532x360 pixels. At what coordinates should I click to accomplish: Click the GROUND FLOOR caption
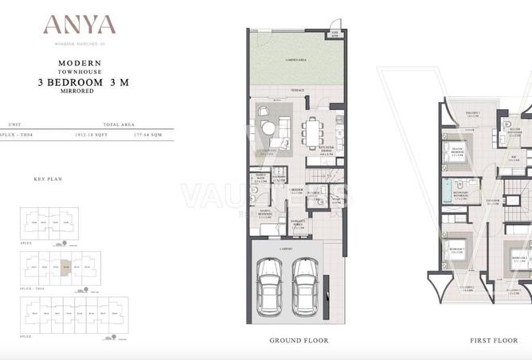[299, 340]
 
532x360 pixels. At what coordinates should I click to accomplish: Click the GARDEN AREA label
[298, 60]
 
